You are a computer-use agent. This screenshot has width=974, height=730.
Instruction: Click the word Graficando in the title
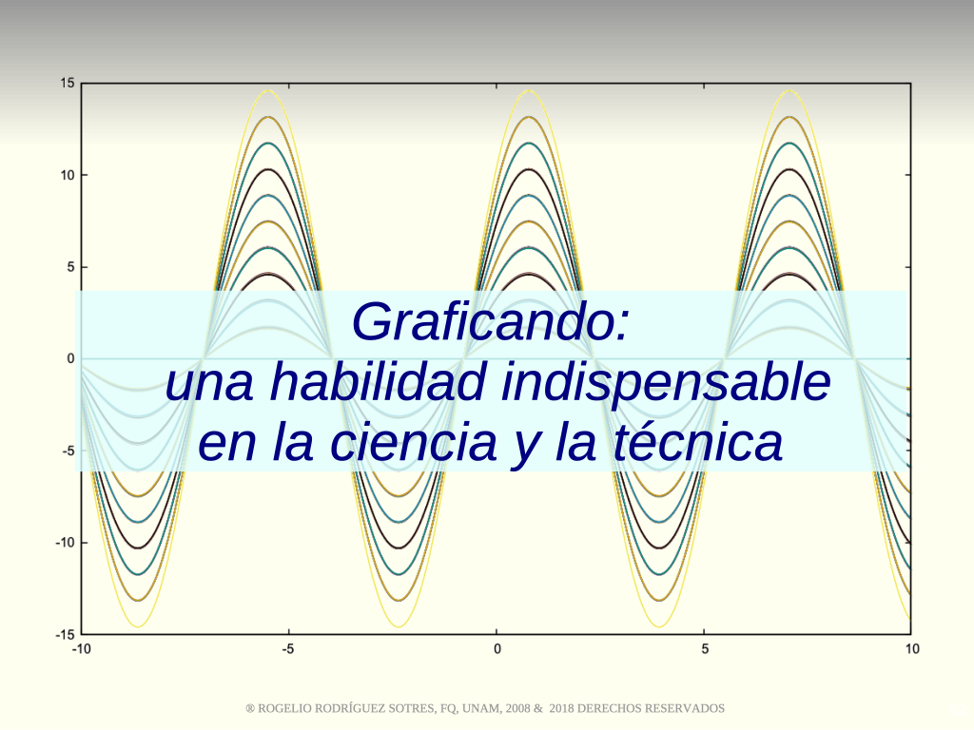[484, 322]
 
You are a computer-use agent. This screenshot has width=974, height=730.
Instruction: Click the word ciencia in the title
[413, 442]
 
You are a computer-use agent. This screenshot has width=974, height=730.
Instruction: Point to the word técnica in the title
[698, 441]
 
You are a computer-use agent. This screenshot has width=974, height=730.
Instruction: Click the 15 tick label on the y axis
[68, 84]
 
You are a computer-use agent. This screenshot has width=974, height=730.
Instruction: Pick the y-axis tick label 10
[68, 175]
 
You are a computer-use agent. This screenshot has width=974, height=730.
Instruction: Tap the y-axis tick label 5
[70, 267]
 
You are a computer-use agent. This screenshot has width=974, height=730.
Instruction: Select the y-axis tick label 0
[70, 358]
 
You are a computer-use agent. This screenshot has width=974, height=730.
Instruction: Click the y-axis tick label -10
[66, 543]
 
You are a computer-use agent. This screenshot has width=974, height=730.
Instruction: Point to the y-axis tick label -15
[66, 634]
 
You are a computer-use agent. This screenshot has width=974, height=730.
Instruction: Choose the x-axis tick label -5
[288, 649]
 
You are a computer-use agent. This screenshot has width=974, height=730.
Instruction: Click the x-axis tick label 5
[705, 649]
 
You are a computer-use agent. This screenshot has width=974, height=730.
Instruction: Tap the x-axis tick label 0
[497, 649]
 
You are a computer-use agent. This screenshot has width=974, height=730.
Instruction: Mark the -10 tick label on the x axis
[82, 649]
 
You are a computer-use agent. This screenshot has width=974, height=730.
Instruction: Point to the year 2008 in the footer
[517, 708]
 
